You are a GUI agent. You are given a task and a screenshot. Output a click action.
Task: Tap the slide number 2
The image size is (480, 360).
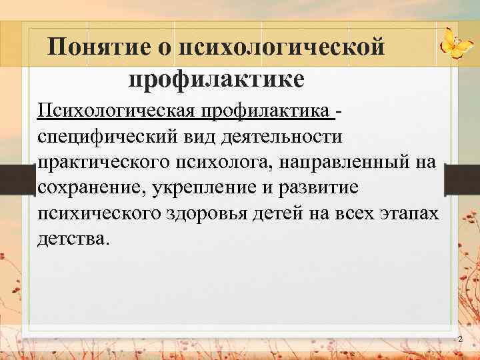459,340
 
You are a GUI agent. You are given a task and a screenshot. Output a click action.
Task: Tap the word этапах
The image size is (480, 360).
409,214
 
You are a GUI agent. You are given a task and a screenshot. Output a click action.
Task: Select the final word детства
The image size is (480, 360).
71,239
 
